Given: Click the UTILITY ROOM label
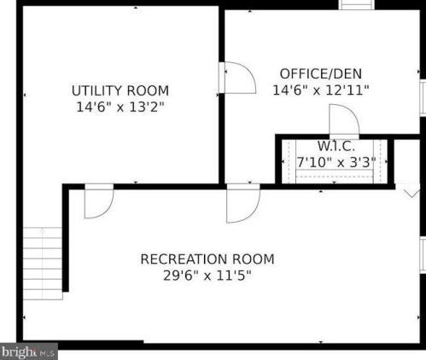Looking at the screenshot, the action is coord(120,90).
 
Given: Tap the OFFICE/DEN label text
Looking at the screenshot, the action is coord(321,74).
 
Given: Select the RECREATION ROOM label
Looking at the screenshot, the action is coord(207,259).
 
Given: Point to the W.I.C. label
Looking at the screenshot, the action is coord(336,146).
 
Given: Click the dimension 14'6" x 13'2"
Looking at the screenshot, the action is coord(120,107).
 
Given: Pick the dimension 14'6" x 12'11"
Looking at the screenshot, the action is coord(321,90).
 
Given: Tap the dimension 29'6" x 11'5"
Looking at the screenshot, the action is coord(207,276).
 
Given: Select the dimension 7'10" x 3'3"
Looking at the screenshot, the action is coord(336,162).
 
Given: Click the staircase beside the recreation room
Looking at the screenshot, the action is coord(43,264).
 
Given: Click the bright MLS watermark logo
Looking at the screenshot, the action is coord(29,351).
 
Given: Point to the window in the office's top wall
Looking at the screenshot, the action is coord(357,4).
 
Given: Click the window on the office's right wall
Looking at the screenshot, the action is coord(423,97).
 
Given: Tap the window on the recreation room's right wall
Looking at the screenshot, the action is coord(423,256).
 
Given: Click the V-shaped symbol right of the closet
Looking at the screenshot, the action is coord(411,194).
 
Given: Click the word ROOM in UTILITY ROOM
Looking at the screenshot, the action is coord(148,90).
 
